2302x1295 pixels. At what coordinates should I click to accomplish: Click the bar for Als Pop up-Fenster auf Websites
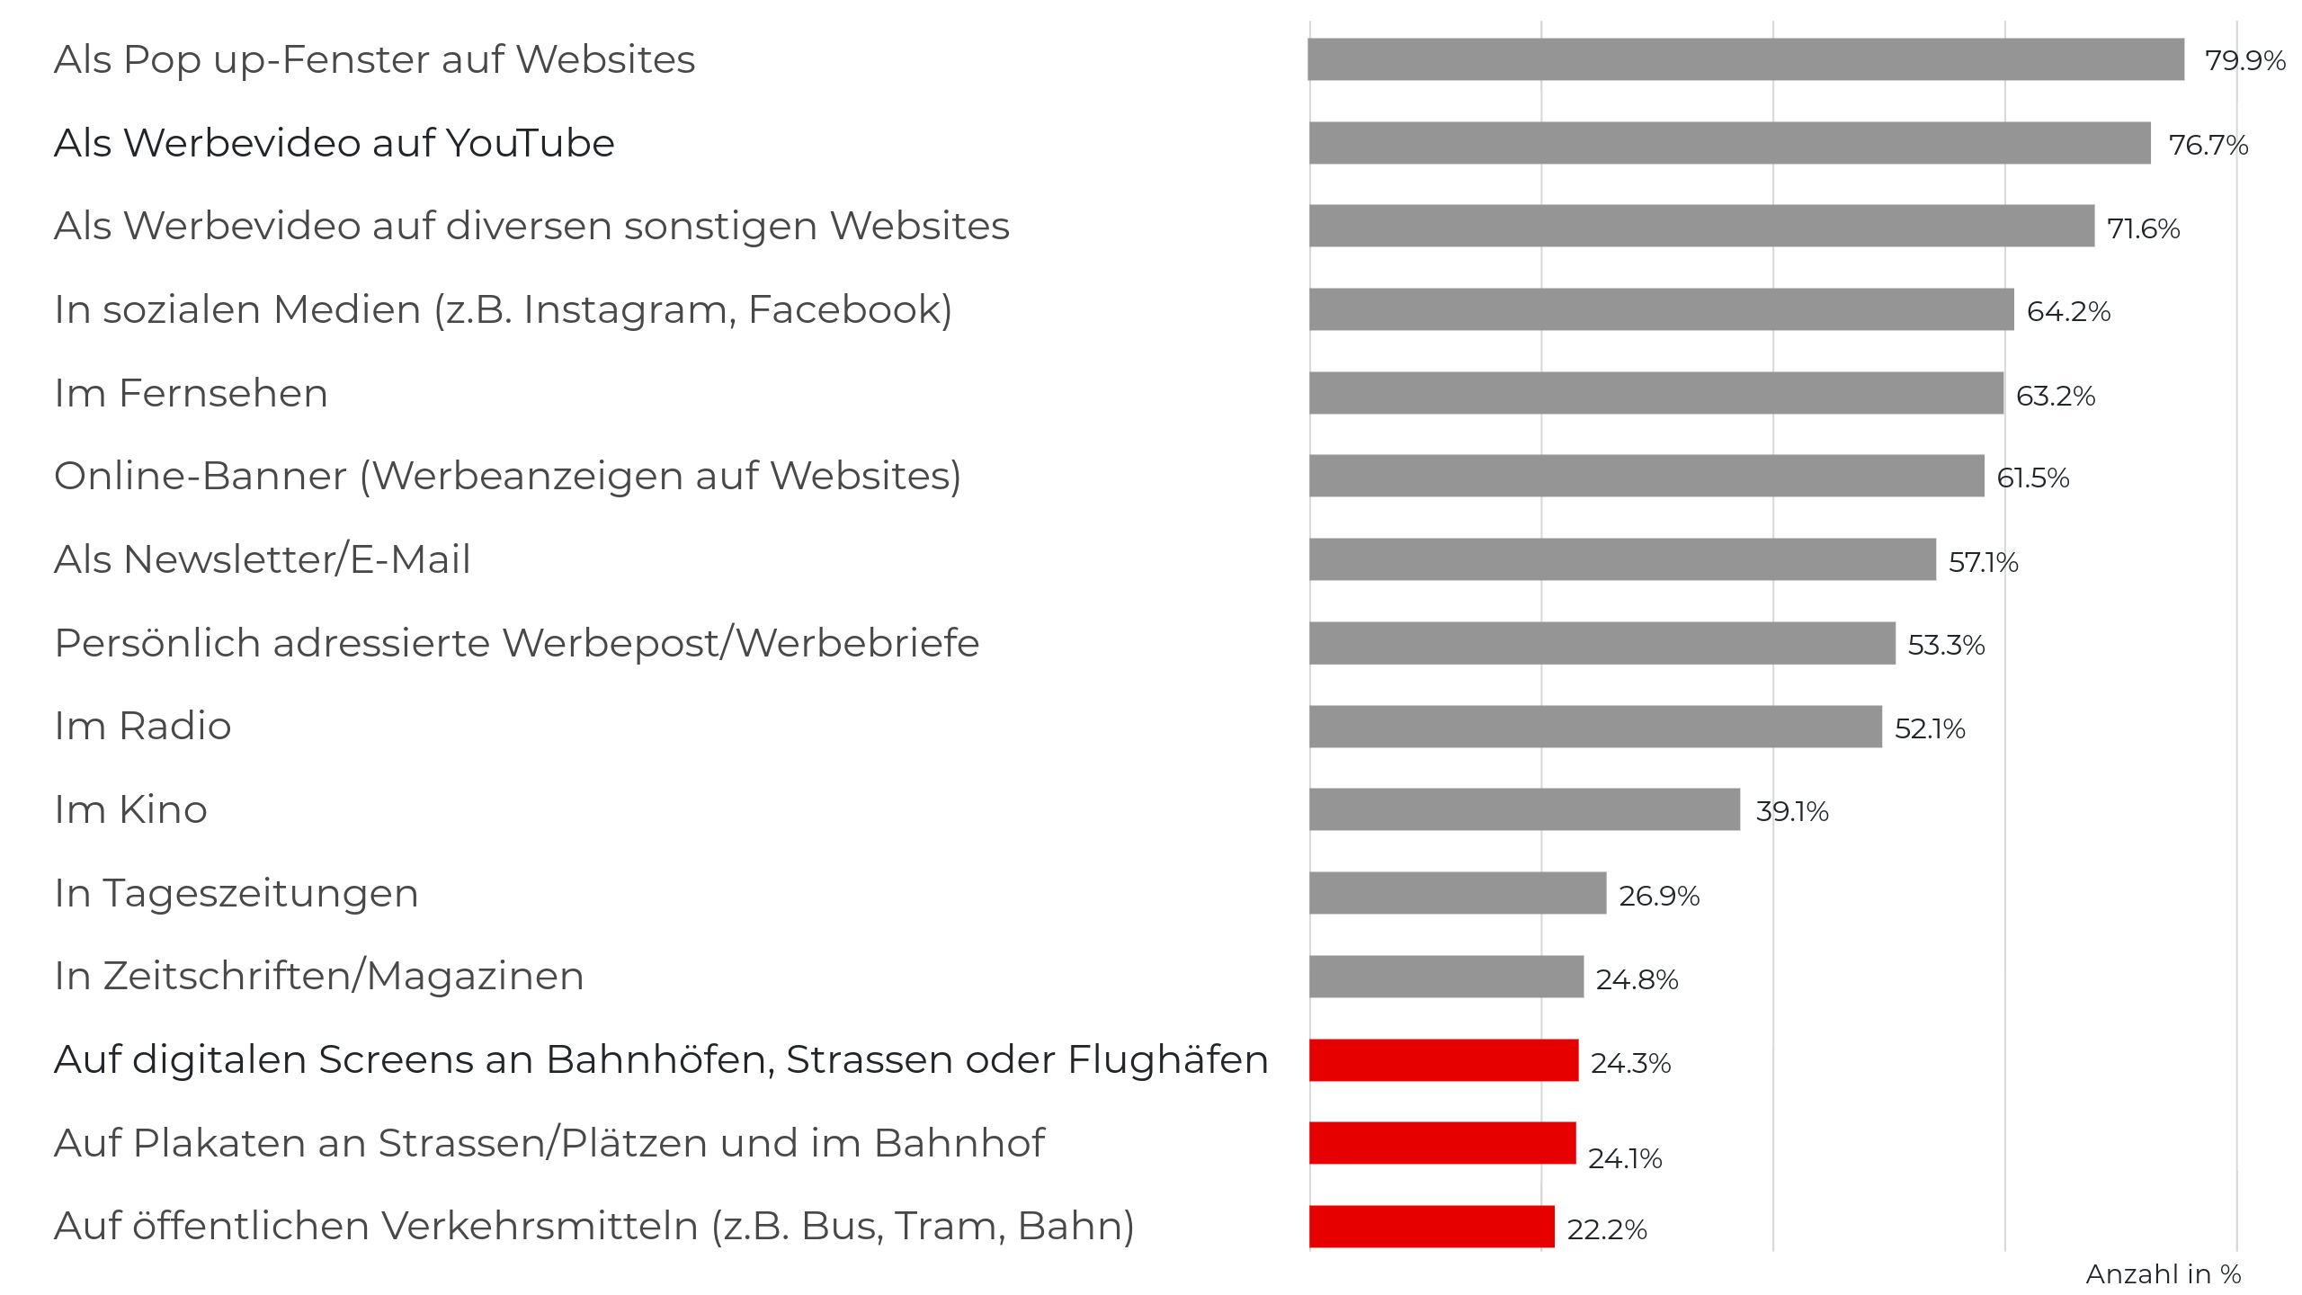pos(1744,59)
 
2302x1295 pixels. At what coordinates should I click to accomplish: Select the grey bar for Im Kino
pos(1524,809)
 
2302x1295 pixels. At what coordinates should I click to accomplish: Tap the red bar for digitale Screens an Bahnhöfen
pos(1443,1060)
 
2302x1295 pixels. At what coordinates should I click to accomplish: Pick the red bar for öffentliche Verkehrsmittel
pos(1432,1227)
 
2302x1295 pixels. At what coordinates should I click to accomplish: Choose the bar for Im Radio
pos(1595,727)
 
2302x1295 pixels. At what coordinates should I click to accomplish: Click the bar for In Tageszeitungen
pos(1458,893)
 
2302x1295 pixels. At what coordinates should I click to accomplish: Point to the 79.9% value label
pos(2244,61)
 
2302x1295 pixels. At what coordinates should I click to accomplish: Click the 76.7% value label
pos(2208,145)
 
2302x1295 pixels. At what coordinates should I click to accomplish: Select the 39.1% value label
pos(1791,812)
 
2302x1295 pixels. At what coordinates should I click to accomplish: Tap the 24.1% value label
pos(1624,1158)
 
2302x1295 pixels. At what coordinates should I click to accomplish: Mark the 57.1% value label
pos(1983,562)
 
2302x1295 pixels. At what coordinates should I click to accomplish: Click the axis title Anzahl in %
pos(2163,1274)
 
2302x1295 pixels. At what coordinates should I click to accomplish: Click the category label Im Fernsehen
pos(191,394)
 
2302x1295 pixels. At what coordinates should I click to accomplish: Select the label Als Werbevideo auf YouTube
pos(335,144)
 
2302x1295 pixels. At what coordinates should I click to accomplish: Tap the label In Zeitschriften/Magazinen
pos(319,977)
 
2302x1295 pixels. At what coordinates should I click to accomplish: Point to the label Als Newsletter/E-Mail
pos(263,560)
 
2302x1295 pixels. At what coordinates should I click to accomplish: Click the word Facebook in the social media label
pos(849,310)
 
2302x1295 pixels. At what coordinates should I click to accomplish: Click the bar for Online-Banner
pos(1646,476)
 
